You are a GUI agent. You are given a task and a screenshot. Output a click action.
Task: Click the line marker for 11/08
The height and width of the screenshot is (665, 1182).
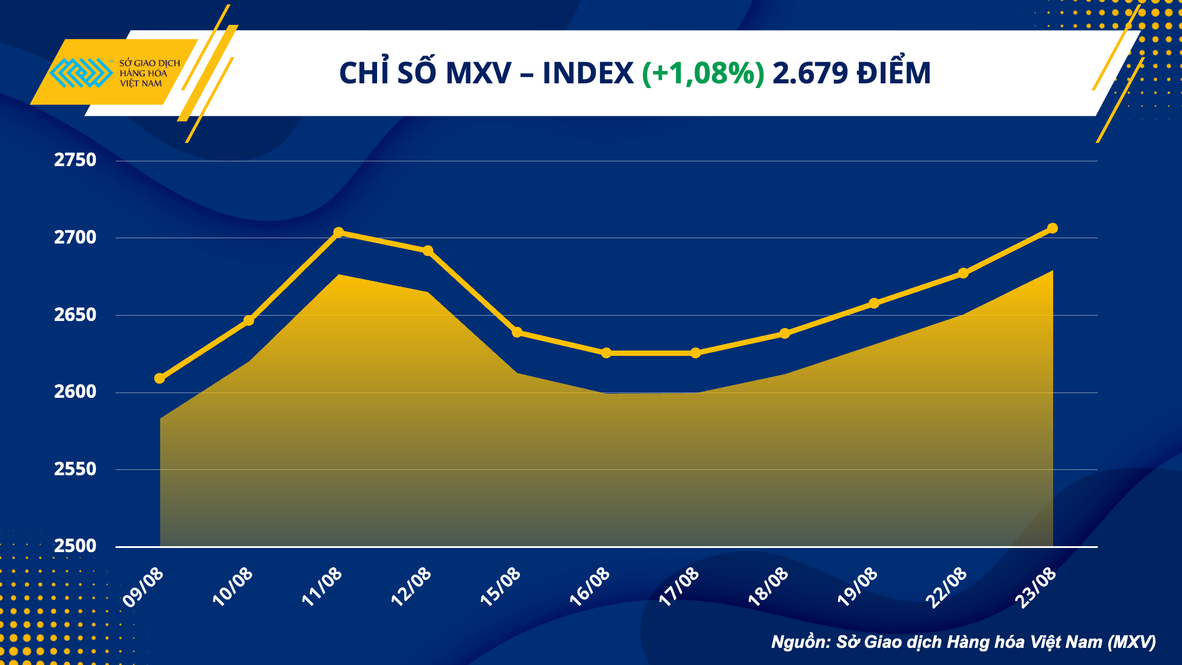339,232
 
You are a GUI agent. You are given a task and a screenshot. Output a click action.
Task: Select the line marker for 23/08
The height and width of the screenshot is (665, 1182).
1053,228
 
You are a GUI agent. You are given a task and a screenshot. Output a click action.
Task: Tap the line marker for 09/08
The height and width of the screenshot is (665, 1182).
160,378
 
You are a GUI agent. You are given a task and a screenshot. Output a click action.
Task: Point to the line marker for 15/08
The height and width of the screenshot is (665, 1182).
517,332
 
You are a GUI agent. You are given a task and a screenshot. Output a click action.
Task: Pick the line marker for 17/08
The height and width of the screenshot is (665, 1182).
696,353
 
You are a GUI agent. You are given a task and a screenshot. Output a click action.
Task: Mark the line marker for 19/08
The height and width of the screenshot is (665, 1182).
874,303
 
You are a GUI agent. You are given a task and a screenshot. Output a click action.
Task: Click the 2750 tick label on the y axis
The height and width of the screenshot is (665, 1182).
75,160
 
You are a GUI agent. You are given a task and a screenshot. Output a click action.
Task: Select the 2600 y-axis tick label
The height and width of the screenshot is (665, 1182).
75,392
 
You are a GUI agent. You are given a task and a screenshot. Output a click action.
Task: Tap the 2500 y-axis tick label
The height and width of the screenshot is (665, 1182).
75,546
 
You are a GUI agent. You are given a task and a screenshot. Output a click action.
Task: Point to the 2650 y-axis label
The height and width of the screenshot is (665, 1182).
75,315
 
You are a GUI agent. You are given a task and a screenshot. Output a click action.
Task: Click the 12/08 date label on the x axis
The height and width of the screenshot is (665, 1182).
411,586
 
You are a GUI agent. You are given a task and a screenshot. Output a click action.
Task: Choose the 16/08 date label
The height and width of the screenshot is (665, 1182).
590,586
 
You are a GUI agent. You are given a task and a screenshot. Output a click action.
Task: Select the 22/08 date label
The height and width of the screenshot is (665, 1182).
947,586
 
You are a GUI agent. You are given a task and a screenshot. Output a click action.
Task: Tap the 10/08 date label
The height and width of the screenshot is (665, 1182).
233,586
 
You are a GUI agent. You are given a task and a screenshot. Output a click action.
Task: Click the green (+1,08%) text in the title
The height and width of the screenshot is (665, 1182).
703,73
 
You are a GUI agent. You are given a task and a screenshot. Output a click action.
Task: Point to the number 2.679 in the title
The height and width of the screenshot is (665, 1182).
810,73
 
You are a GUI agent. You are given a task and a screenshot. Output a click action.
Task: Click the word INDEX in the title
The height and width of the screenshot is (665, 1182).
588,73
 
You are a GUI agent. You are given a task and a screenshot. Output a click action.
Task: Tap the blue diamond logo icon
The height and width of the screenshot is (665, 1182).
81,73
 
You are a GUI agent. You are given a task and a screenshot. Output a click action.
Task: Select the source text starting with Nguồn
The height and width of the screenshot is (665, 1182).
963,642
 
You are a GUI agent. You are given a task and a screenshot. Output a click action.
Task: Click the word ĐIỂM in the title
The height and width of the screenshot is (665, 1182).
894,73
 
